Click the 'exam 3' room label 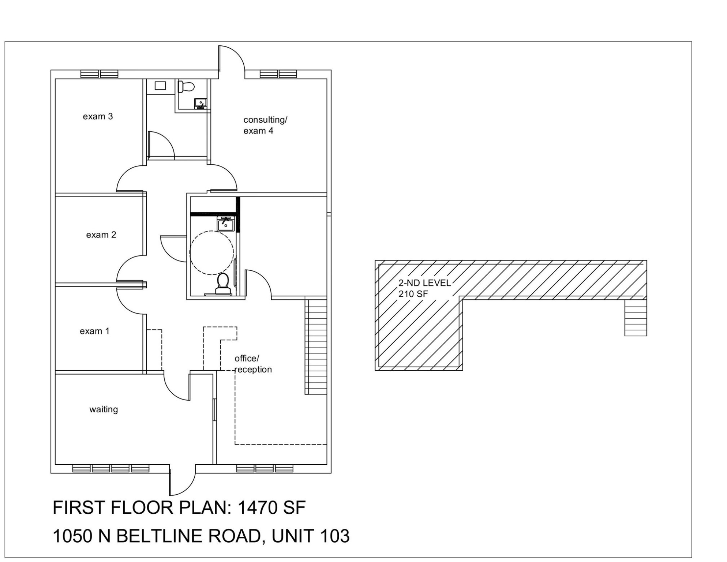click(x=98, y=117)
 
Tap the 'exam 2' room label click(x=101, y=235)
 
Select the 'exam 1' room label click(x=94, y=331)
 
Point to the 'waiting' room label click(x=104, y=409)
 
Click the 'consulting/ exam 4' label click(x=265, y=125)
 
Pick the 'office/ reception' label click(x=253, y=364)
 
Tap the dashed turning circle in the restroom click(x=211, y=253)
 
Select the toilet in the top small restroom click(x=186, y=87)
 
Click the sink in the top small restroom click(x=201, y=103)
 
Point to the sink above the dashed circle click(x=226, y=224)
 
